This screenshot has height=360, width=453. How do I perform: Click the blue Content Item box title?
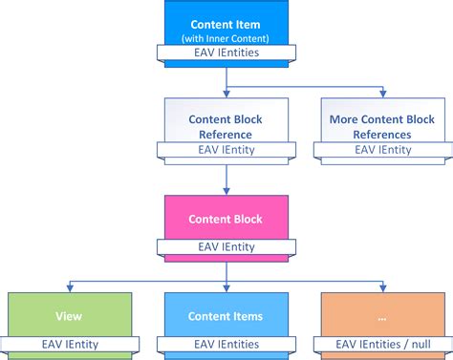click(226, 23)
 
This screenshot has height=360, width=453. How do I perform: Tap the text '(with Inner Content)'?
click(226, 37)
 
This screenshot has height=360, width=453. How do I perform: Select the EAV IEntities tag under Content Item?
click(226, 55)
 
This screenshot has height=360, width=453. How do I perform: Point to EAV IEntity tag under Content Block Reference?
click(226, 150)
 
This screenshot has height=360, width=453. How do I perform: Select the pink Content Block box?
click(226, 219)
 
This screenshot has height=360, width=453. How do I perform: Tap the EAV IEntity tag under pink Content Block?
click(226, 246)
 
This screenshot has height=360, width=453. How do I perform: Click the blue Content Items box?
click(226, 316)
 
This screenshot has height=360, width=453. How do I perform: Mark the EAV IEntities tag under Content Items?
click(226, 343)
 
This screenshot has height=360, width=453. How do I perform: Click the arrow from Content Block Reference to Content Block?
click(226, 177)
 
